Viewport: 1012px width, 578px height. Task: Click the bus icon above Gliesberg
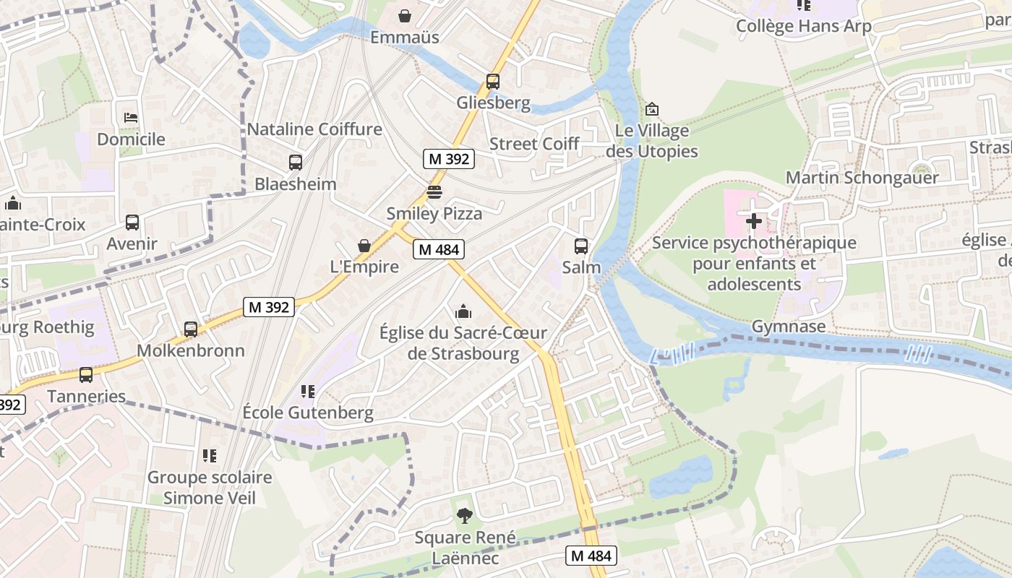pyautogui.click(x=493, y=82)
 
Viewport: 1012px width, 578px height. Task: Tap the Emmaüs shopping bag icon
pyautogui.click(x=405, y=15)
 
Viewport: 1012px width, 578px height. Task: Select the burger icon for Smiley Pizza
pyautogui.click(x=434, y=192)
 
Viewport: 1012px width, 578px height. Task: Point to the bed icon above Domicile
pyautogui.click(x=131, y=117)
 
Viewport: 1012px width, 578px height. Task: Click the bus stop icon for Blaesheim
pyautogui.click(x=295, y=163)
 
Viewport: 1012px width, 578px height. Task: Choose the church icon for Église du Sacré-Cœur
pyautogui.click(x=463, y=311)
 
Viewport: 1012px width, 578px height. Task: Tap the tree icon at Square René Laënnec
pyautogui.click(x=464, y=516)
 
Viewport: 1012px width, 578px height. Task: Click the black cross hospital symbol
pyautogui.click(x=753, y=221)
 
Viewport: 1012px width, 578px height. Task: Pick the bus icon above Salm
pyautogui.click(x=581, y=246)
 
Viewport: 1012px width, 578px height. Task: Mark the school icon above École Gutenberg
pyautogui.click(x=308, y=392)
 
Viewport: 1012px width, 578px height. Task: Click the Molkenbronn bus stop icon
pyautogui.click(x=191, y=329)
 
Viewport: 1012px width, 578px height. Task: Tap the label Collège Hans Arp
pyautogui.click(x=803, y=27)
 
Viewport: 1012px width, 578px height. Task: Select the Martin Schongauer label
pyautogui.click(x=862, y=177)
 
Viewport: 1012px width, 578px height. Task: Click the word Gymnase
pyautogui.click(x=789, y=327)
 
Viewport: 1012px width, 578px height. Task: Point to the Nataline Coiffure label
pyautogui.click(x=314, y=129)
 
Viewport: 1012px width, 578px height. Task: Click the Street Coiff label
pyautogui.click(x=534, y=144)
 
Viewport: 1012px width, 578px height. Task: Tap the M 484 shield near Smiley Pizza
pyautogui.click(x=438, y=249)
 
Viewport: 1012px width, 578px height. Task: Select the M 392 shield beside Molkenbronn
pyautogui.click(x=268, y=307)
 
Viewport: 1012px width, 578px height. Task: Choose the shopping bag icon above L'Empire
pyautogui.click(x=364, y=246)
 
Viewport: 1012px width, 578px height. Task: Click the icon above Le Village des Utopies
pyautogui.click(x=651, y=110)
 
